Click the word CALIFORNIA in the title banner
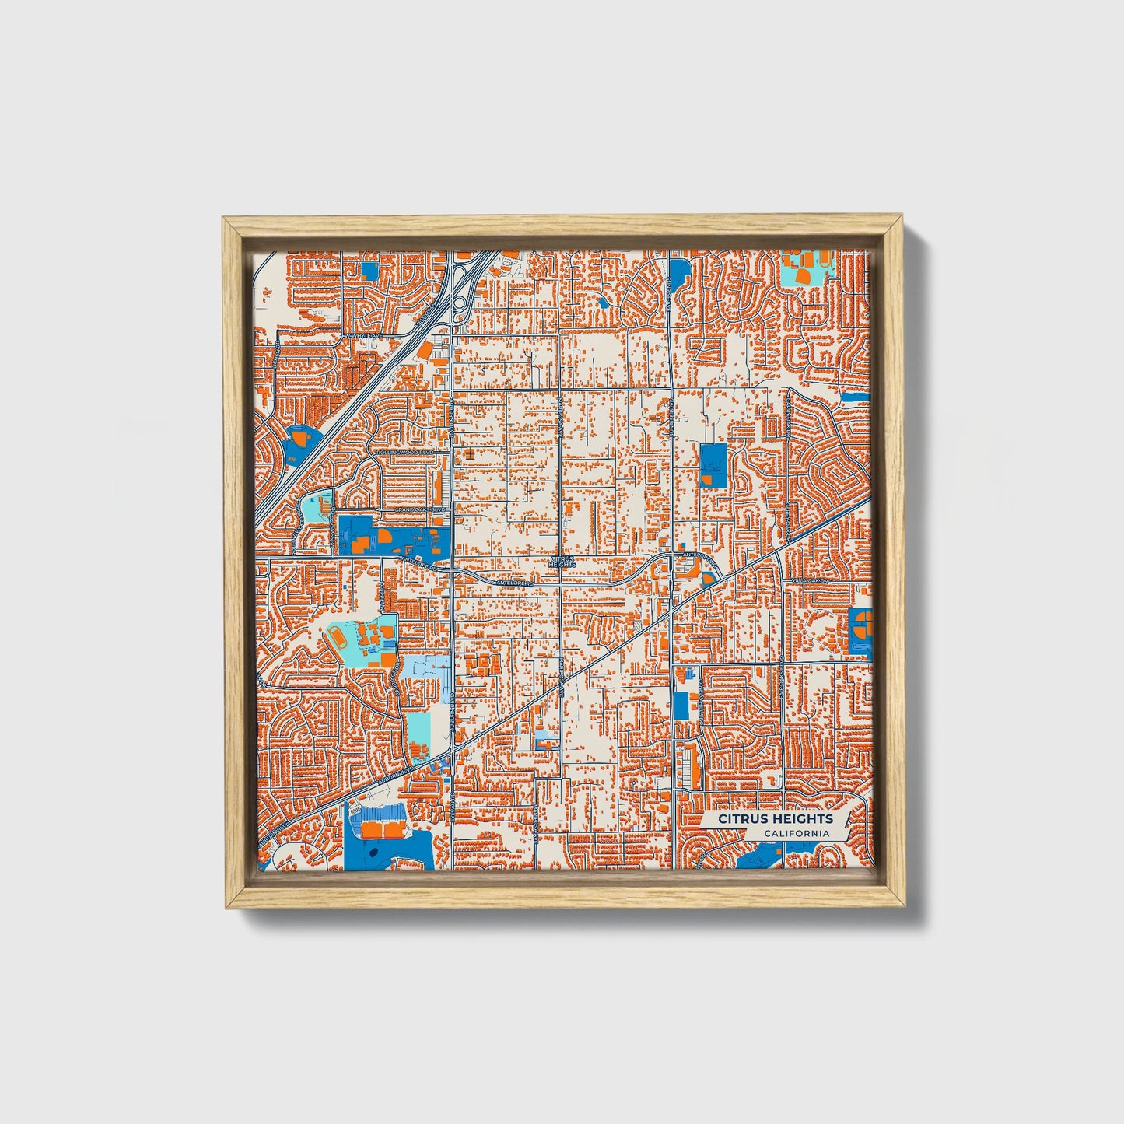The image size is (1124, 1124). click(x=796, y=834)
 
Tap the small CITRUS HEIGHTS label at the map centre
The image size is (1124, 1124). click(x=562, y=561)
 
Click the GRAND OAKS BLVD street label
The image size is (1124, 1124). click(x=422, y=509)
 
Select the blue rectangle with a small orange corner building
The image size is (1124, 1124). click(x=712, y=465)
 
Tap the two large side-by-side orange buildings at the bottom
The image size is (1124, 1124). click(x=383, y=831)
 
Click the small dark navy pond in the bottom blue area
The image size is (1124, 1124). click(x=372, y=853)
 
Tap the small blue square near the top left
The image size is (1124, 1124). click(x=369, y=271)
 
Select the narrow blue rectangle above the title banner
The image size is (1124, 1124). click(x=681, y=705)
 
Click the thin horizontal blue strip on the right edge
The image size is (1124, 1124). click(x=853, y=397)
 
